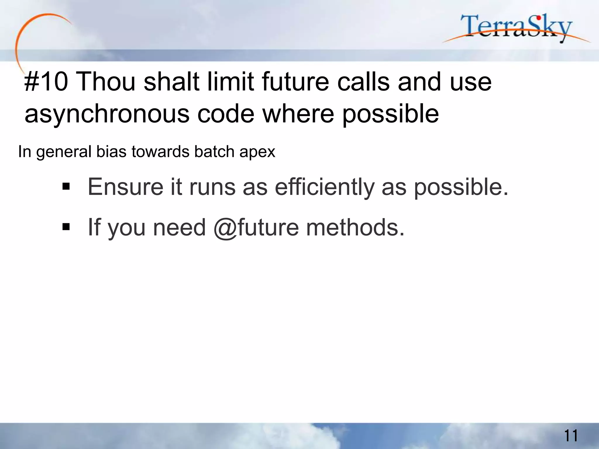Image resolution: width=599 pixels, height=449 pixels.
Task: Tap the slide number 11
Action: pyautogui.click(x=571, y=436)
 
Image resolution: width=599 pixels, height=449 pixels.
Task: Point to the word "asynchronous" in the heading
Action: pyautogui.click(x=107, y=114)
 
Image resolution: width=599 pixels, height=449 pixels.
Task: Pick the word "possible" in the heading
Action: pyautogui.click(x=390, y=114)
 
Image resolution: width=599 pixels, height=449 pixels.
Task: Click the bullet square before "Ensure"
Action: pyautogui.click(x=66, y=186)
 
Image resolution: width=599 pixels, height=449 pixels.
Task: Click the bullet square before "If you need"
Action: pyautogui.click(x=66, y=227)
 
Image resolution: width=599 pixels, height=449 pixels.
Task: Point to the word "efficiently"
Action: pyautogui.click(x=325, y=187)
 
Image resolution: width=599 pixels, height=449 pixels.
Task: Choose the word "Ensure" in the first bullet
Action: pyautogui.click(x=125, y=187)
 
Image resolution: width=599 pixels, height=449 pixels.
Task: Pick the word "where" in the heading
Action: pyautogui.click(x=298, y=114)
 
